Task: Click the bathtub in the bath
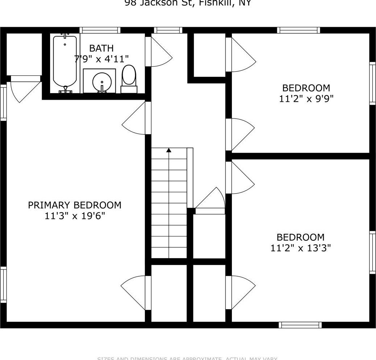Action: [65, 62]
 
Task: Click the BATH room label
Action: [101, 48]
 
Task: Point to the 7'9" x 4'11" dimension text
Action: [101, 59]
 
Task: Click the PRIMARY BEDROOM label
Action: [75, 205]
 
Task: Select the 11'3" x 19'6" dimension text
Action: [75, 216]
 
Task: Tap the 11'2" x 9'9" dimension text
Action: [306, 99]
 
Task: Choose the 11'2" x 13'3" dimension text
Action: [301, 248]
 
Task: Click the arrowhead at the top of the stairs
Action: [169, 150]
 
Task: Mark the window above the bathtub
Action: [100, 30]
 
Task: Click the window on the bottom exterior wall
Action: [300, 325]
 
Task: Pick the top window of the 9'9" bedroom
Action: [298, 30]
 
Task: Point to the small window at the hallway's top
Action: [168, 30]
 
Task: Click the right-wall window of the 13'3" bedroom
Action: [372, 252]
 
